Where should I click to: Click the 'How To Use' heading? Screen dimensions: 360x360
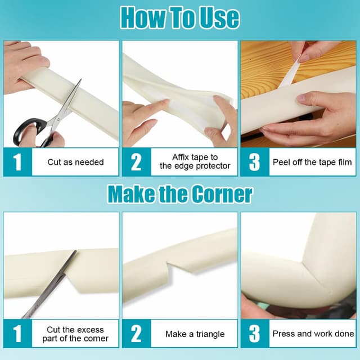(x=180, y=17)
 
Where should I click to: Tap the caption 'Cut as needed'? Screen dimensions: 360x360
(x=75, y=162)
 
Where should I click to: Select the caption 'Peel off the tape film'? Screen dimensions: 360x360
(x=312, y=162)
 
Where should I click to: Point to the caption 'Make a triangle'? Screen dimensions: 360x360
(x=195, y=334)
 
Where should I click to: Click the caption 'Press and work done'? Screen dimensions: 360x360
(x=313, y=334)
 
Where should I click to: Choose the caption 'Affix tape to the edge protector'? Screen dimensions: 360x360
(x=195, y=161)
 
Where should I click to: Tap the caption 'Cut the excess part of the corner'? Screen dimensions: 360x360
(x=75, y=334)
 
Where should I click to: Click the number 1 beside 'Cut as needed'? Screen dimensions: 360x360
(x=17, y=162)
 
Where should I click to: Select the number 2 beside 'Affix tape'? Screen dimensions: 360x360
(x=136, y=162)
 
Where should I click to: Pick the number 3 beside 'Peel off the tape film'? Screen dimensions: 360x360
(x=254, y=162)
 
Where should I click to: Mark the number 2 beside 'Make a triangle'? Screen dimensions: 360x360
(x=136, y=334)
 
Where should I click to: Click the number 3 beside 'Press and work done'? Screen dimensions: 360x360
(x=254, y=334)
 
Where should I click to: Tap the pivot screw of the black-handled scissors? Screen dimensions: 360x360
(x=58, y=119)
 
